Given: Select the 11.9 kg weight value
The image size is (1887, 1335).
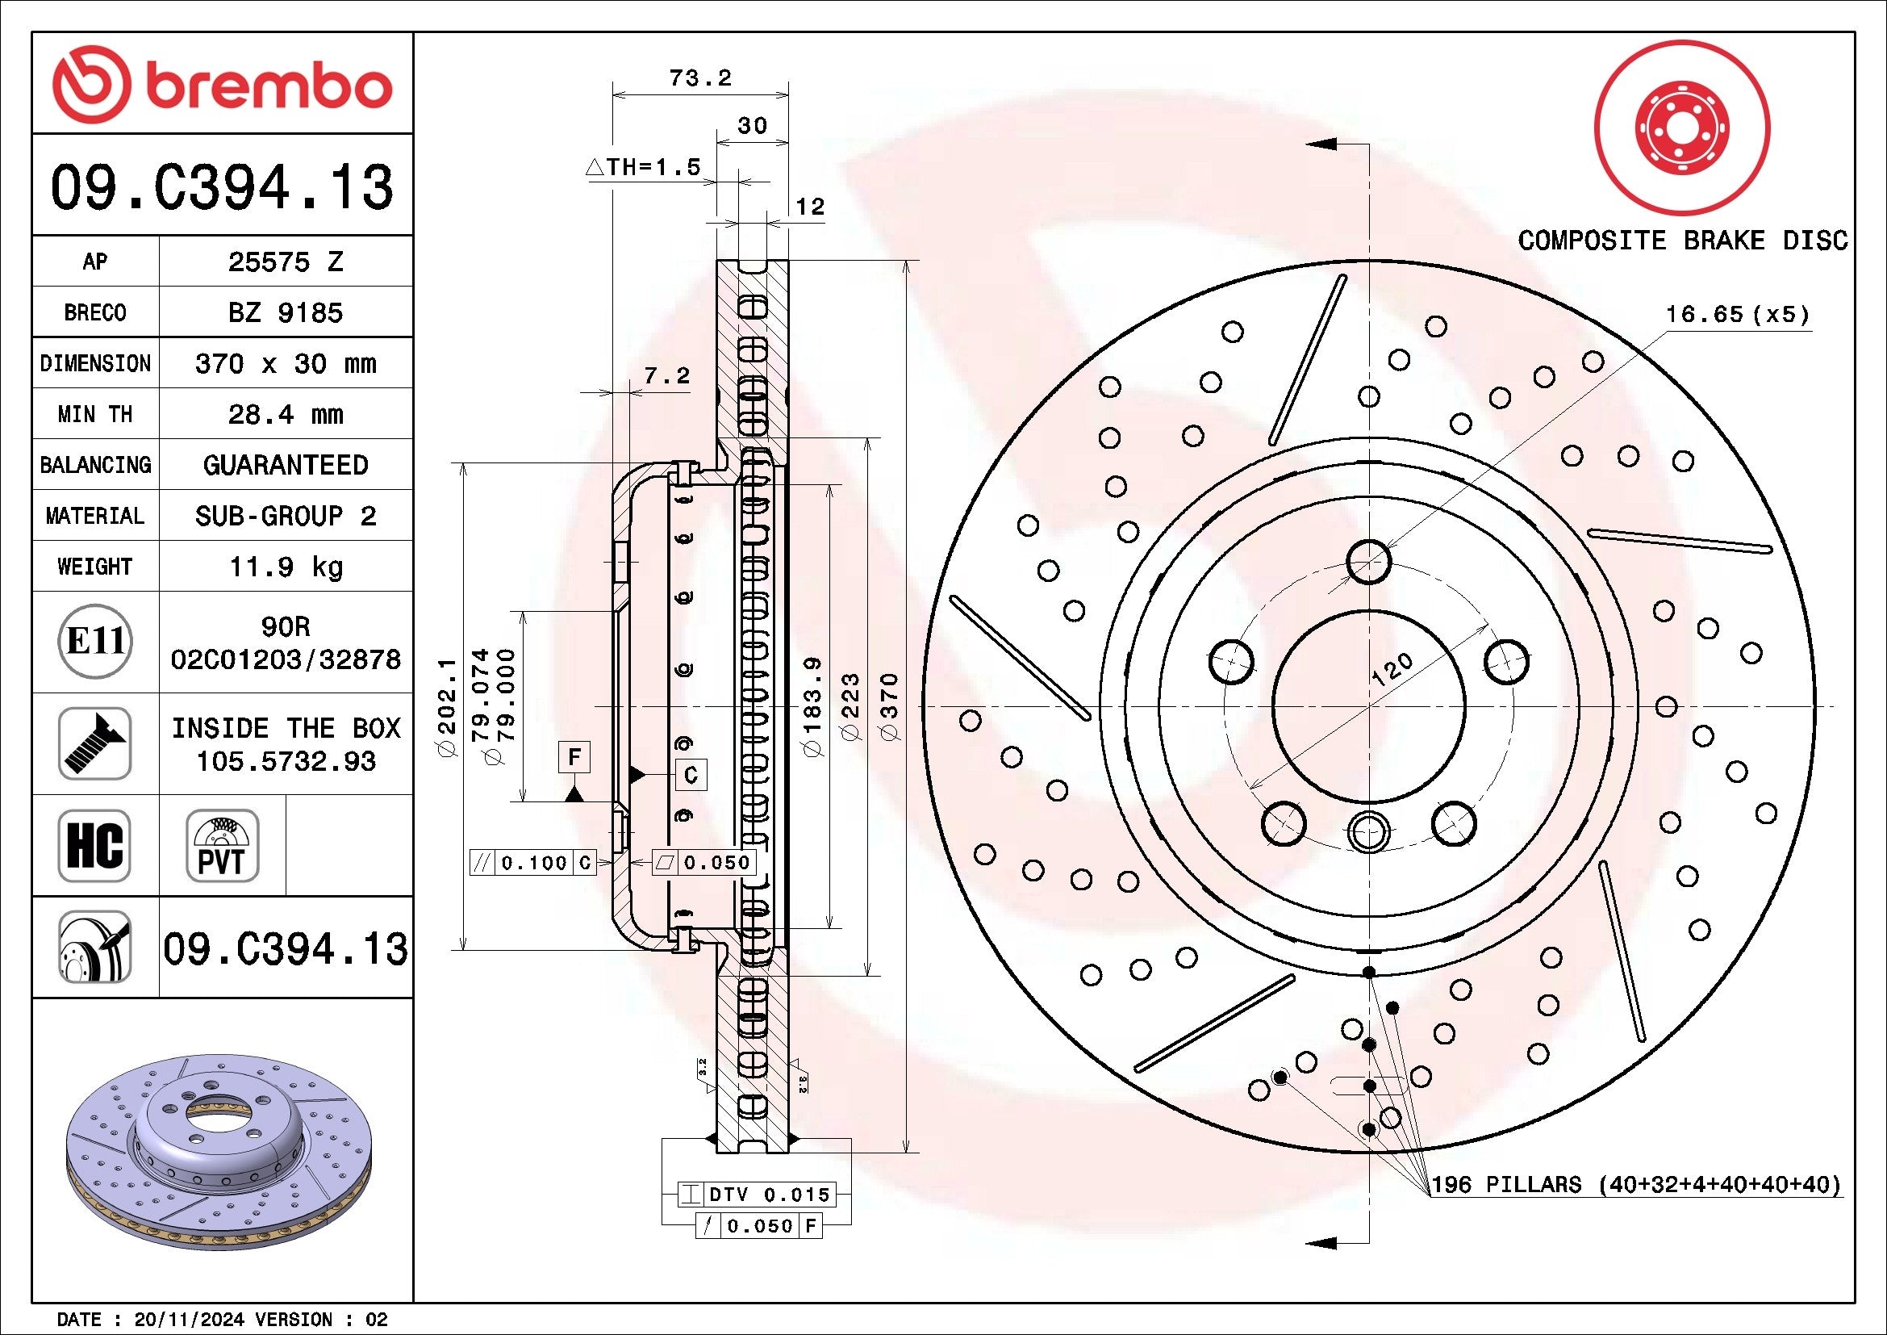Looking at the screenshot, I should [285, 567].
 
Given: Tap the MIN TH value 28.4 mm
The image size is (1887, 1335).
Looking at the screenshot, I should [285, 414].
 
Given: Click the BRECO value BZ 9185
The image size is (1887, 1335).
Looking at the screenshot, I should [285, 313].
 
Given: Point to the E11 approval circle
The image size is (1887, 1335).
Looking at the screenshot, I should [95, 642].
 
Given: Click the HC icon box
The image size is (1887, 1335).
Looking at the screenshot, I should [94, 845].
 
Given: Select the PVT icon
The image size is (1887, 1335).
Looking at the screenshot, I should [222, 845].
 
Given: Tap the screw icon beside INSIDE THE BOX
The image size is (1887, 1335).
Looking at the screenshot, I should [94, 743].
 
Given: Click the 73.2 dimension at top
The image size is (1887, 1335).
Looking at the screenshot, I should [700, 78].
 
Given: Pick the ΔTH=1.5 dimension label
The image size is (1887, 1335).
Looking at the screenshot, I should [643, 168].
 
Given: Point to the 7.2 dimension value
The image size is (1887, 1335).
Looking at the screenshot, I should [666, 376].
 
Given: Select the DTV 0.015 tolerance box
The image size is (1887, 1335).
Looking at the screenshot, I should [757, 1195].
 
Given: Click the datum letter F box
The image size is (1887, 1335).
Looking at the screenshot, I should [574, 756].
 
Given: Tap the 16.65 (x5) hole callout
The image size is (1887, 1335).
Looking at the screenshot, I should [1737, 315].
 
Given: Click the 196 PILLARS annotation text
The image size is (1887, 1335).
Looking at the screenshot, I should [1635, 1185].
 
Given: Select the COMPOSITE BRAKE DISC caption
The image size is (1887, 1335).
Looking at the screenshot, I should [1682, 241].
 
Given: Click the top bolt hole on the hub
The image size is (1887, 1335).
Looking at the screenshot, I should [1368, 562].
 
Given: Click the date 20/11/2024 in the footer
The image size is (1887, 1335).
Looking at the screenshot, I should [188, 1320].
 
